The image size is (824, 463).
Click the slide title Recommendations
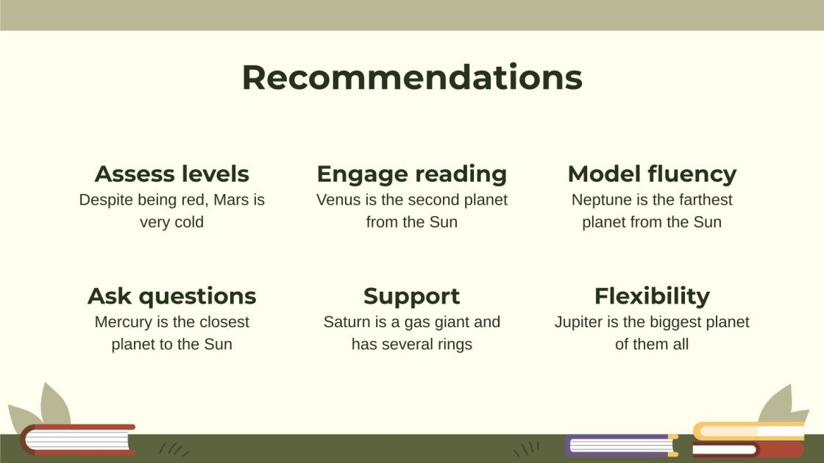pos(412,77)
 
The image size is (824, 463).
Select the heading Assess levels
pos(171,174)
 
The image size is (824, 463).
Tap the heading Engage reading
pos(412,174)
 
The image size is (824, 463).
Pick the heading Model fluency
pos(652,174)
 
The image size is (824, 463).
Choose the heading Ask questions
pos(171,296)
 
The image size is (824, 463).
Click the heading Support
pos(412,296)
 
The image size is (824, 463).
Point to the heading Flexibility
pos(652,296)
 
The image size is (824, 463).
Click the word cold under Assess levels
pos(188,222)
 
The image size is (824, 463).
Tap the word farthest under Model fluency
pos(705,200)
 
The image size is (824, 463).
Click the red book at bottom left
pos(77,439)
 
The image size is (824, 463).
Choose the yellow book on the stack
pos(747,431)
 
